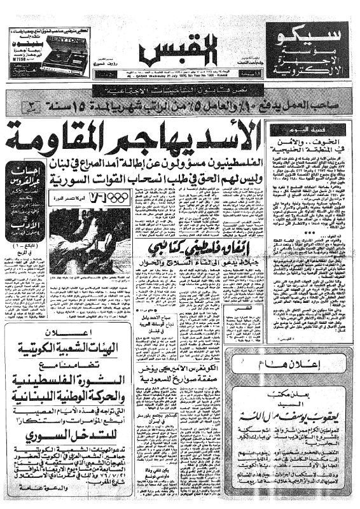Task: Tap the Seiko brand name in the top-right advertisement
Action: [x=307, y=34]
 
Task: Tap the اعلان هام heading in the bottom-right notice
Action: [x=308, y=365]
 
